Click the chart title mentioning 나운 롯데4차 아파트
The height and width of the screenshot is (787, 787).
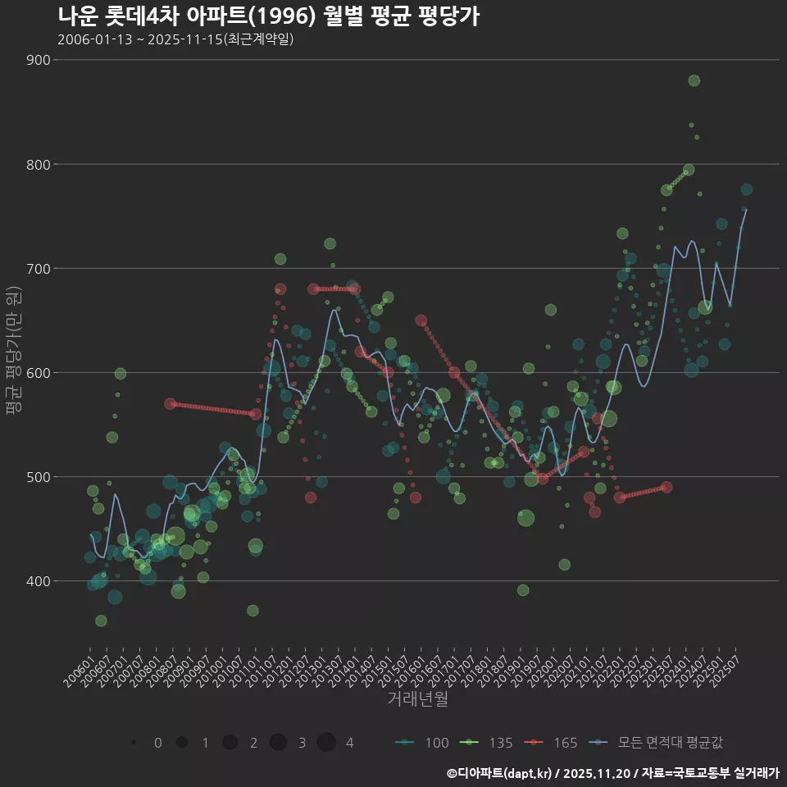[268, 16]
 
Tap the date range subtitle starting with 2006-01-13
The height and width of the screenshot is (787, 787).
[175, 39]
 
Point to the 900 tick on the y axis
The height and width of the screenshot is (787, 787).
[39, 60]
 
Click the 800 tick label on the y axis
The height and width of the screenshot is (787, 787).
[39, 164]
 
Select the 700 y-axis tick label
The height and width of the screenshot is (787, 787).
[39, 268]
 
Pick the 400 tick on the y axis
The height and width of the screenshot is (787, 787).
[39, 580]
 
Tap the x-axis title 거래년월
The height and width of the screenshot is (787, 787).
[417, 699]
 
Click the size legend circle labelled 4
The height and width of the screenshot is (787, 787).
[326, 743]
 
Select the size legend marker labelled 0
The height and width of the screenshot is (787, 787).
[134, 743]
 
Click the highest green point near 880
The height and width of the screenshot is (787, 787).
[694, 80]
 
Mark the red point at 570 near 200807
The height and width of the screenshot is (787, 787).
[170, 403]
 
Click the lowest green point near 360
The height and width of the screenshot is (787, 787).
[101, 621]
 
